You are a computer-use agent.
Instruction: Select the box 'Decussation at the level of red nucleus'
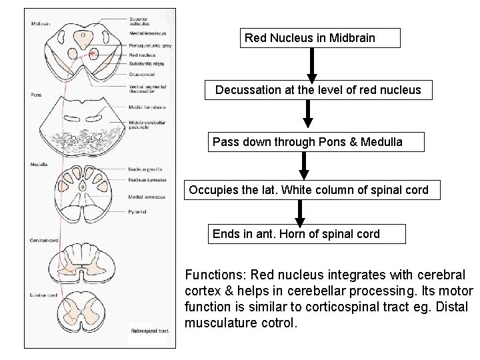[318, 90]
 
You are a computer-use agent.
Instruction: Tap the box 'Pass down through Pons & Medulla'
[307, 142]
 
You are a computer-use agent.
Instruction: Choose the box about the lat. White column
[313, 191]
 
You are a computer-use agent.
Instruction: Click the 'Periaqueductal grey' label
[147, 46]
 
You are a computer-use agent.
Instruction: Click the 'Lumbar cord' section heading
[43, 295]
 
